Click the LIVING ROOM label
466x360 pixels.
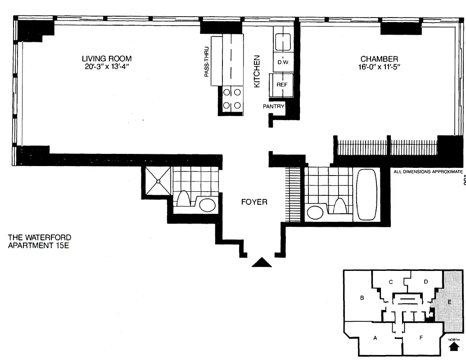coord(106,58)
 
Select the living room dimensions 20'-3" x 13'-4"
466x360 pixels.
coord(106,67)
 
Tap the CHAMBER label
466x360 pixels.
coord(379,59)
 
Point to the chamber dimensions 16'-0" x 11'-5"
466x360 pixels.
coord(379,67)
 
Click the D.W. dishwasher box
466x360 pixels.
coord(283,63)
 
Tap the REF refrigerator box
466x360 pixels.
coord(282,84)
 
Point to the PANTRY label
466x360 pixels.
coord(274,107)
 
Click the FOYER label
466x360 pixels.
coord(254,202)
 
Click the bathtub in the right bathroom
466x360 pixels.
coord(368,194)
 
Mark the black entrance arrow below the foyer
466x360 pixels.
coord(262,263)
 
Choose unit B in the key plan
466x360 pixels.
coord(362,297)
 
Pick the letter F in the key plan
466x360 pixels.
coord(421,337)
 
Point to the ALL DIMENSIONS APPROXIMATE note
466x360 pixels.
coord(428,171)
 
